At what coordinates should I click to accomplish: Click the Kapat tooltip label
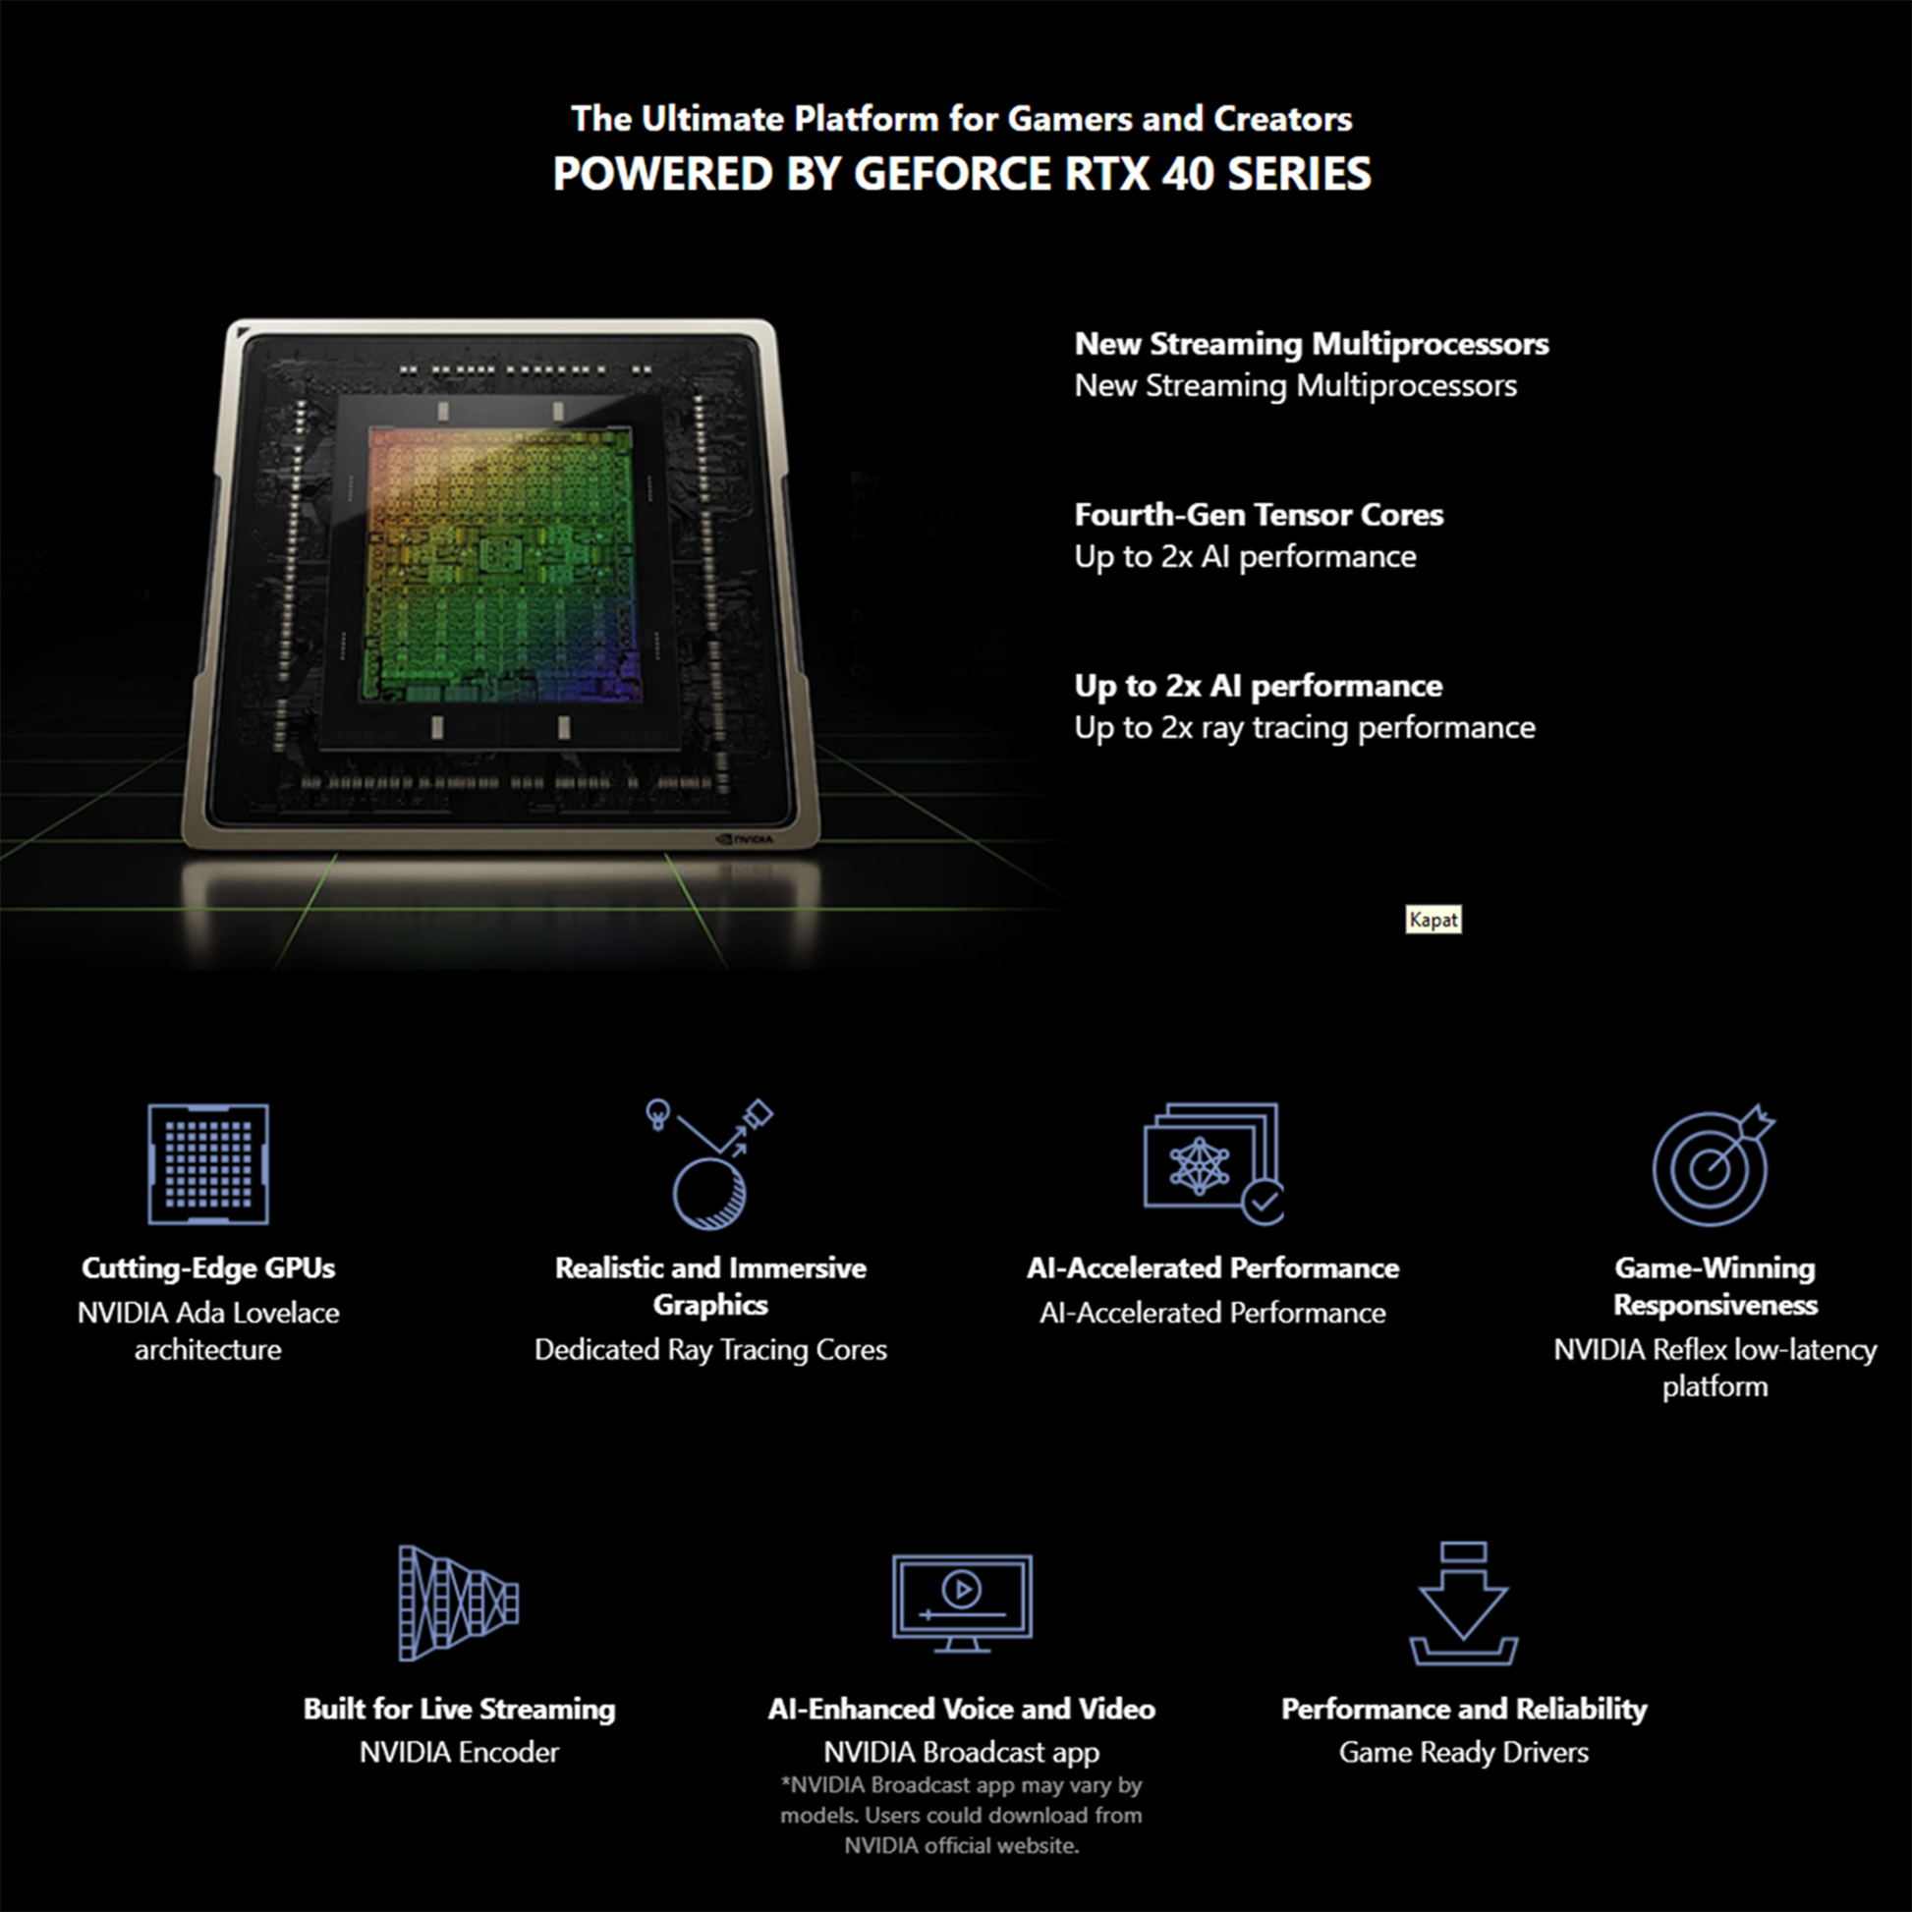tap(1433, 920)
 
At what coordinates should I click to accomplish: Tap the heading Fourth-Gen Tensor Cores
tap(1259, 515)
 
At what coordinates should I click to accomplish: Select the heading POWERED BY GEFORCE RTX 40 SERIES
tap(962, 174)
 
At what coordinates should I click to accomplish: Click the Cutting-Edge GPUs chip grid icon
tap(208, 1164)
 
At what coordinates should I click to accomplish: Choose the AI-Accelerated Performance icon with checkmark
tap(1213, 1164)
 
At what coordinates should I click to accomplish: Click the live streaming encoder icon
tap(458, 1603)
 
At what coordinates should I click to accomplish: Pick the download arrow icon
tap(1464, 1603)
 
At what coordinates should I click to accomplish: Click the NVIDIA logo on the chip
tap(745, 839)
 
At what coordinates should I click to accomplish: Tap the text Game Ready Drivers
tap(1464, 1753)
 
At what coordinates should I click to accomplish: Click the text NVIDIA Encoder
tap(459, 1753)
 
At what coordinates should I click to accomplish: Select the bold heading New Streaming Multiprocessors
tap(1312, 344)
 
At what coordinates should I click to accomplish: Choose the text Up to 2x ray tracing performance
tap(1305, 728)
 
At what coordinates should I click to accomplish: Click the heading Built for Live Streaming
tap(459, 1710)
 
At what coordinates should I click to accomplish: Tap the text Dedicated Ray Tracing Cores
tap(710, 1350)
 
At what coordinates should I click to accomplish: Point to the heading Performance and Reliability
tap(1464, 1710)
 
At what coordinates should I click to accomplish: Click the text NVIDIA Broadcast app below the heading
tap(961, 1753)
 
